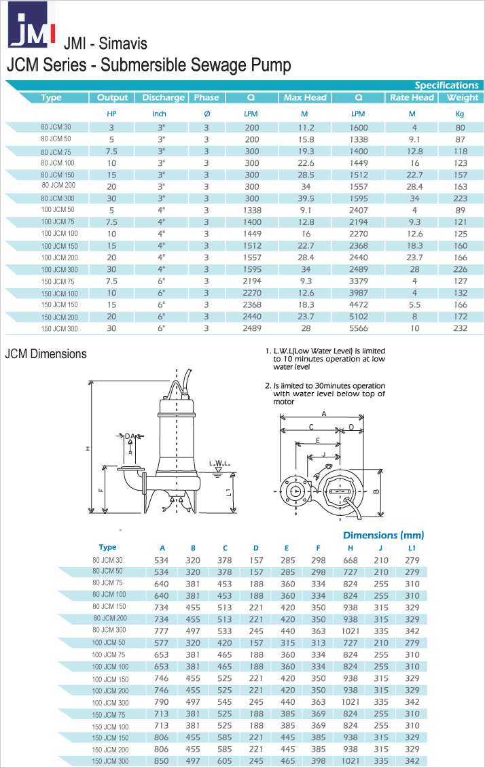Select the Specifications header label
click(x=446, y=85)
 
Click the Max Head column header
click(x=305, y=97)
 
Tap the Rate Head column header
click(x=412, y=97)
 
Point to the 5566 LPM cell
click(x=358, y=328)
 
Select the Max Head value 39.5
click(x=304, y=198)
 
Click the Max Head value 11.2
click(x=304, y=127)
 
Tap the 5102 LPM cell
click(x=358, y=316)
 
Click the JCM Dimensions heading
click(x=46, y=354)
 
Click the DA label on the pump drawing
click(x=128, y=436)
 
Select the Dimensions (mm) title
click(x=383, y=535)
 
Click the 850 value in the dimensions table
click(x=162, y=761)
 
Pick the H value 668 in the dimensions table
click(x=351, y=559)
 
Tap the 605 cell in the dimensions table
click(x=224, y=761)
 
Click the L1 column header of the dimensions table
click(x=412, y=547)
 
